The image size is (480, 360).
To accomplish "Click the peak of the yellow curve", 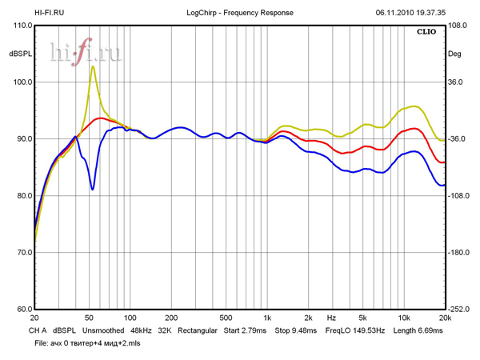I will (x=93, y=67).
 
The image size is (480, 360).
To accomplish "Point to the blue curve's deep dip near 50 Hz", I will (x=93, y=189).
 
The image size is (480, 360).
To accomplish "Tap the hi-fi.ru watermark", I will (x=85, y=53).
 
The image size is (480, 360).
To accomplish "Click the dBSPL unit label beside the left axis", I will (x=19, y=54).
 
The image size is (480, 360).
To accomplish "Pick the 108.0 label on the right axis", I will (x=457, y=26).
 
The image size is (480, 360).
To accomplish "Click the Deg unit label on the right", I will (x=454, y=54).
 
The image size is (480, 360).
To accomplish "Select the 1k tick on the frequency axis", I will (x=267, y=318).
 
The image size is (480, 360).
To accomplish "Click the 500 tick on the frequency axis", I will (x=226, y=318).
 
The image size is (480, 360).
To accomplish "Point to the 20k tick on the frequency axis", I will (x=445, y=318).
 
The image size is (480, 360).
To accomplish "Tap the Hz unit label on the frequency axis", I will (x=330, y=318).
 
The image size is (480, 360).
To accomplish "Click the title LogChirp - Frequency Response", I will (x=239, y=13).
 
